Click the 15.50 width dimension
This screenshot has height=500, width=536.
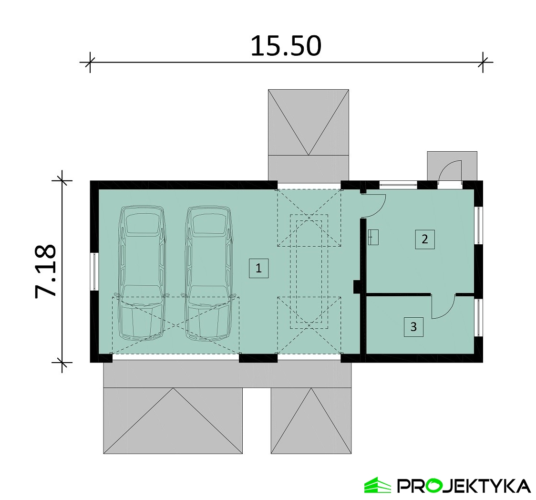coord(286,46)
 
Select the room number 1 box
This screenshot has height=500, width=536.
coord(258,268)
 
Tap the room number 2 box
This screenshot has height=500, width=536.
coord(425,239)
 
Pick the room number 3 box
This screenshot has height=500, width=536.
coord(413,327)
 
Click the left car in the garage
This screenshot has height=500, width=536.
coord(141,272)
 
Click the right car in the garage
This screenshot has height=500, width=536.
coord(208,272)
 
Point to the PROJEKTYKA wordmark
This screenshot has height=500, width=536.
coord(464,486)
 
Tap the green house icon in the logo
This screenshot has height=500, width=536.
coord(377,485)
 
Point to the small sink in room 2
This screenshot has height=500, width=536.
coord(373,237)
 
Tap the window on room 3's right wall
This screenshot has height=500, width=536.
coord(479,317)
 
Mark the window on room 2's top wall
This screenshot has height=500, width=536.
coord(398,185)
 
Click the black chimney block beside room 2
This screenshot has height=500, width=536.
coord(357,287)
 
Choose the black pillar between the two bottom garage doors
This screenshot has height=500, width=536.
coord(258,358)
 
